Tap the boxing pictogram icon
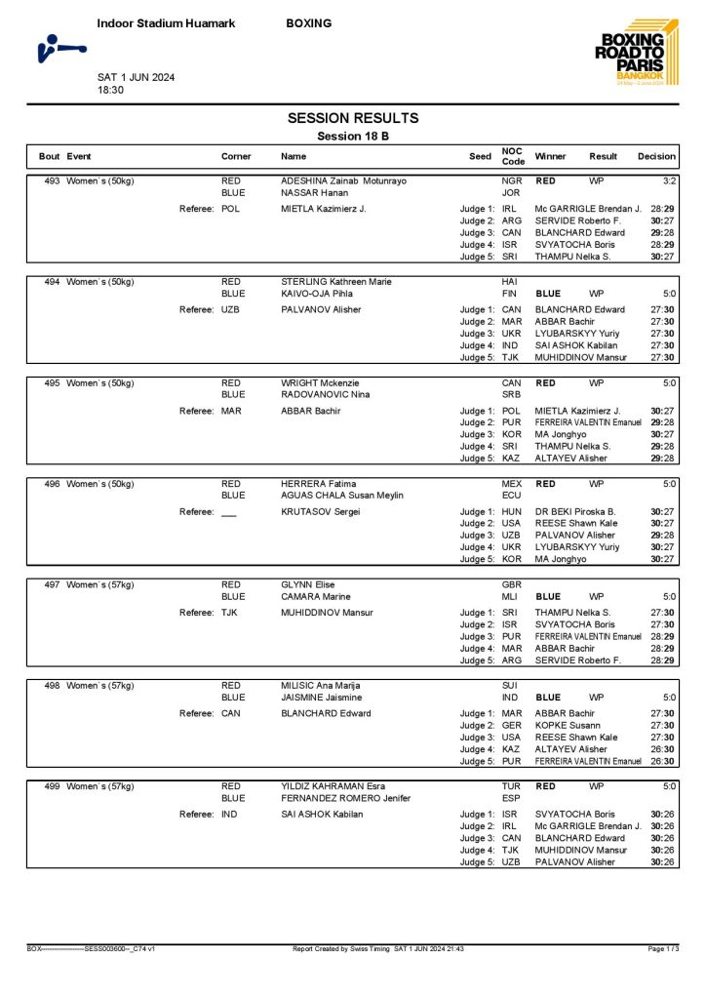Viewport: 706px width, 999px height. pos(60,47)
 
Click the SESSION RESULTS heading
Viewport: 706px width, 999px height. pos(353,118)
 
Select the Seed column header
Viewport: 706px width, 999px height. pos(480,156)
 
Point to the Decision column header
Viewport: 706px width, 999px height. pos(656,156)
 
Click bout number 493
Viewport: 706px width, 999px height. pos(51,181)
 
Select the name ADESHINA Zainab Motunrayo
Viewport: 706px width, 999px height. pos(343,181)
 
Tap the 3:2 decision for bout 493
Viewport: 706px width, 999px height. pos(669,181)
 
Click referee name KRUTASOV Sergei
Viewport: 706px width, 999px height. pos(321,511)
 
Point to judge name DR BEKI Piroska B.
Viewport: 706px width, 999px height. pos(575,511)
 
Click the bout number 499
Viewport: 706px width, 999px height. pos(51,786)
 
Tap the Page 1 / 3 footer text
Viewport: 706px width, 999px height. pos(664,948)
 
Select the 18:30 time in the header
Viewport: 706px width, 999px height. pos(110,90)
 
